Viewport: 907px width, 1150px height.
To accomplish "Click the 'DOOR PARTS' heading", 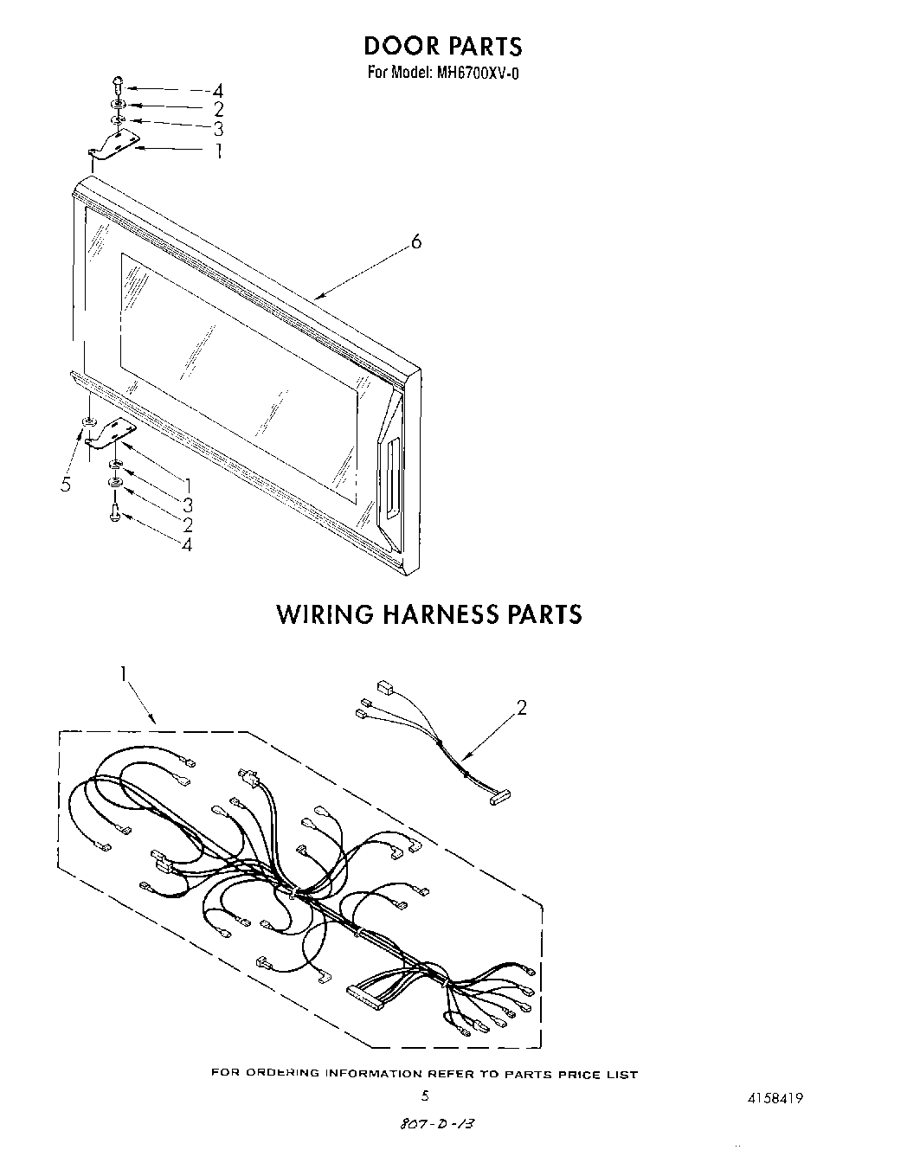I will [x=442, y=45].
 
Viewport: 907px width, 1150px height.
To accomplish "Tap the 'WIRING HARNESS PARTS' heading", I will [x=429, y=614].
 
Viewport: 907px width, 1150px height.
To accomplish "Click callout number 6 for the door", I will [x=416, y=242].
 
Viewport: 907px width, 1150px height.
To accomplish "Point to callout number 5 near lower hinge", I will [x=66, y=484].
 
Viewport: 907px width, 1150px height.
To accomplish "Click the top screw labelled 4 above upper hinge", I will [x=118, y=85].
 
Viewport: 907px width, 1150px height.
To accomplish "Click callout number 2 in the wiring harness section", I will [x=522, y=708].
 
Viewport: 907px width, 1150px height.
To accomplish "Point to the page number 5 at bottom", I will [x=425, y=1095].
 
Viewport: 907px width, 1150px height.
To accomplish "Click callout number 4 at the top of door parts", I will [x=218, y=90].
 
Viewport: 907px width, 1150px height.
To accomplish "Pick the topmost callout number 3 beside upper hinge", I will [x=218, y=129].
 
